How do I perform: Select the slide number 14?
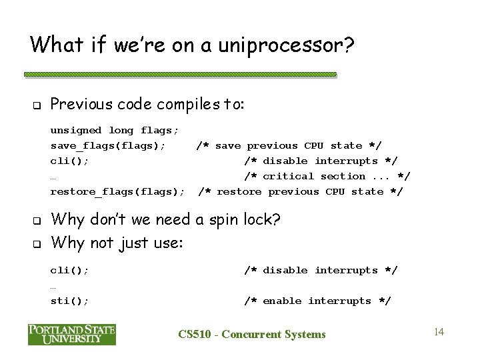[439, 331]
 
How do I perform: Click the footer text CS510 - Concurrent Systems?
[253, 334]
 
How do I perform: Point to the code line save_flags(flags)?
[108, 145]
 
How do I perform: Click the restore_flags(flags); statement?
[118, 192]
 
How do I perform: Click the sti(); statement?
[69, 301]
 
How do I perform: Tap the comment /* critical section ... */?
[327, 177]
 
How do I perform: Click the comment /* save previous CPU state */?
[289, 145]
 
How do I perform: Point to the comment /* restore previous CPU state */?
[301, 192]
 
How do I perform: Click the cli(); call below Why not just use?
[69, 271]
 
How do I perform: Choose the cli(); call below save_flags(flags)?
[69, 161]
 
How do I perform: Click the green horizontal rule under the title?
[181, 75]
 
